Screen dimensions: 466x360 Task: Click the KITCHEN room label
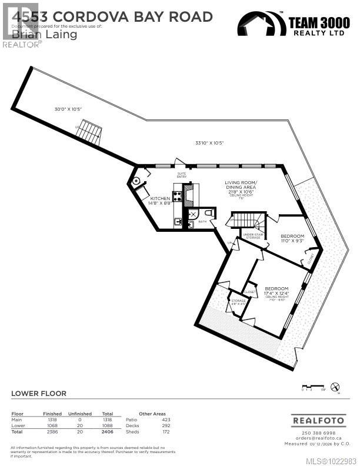click(x=160, y=199)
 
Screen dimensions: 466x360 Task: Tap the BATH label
click(x=202, y=222)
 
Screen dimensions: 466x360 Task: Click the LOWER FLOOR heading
click(x=39, y=393)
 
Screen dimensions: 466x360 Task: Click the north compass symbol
click(x=335, y=387)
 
